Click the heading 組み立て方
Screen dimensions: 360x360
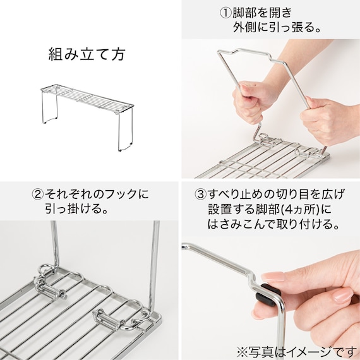(87, 54)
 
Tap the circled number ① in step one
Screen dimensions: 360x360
(225, 13)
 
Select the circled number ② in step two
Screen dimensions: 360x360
(38, 195)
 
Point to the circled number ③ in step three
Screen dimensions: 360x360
(201, 195)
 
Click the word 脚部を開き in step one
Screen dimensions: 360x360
(262, 13)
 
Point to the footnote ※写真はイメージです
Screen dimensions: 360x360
(298, 352)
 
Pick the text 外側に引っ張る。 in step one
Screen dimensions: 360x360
(277, 28)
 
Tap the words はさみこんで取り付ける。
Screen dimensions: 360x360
(273, 224)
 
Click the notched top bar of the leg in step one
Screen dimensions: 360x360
(251, 55)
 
